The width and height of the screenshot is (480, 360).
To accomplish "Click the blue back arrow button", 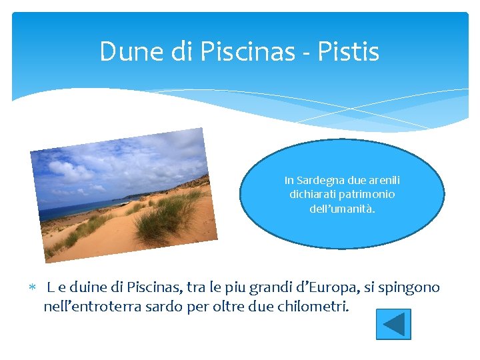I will point(393,324).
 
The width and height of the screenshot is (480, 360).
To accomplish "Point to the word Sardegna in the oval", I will point(325,181).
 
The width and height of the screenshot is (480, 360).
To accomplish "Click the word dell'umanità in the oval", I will point(342,208).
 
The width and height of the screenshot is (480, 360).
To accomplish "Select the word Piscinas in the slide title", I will point(238,51).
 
